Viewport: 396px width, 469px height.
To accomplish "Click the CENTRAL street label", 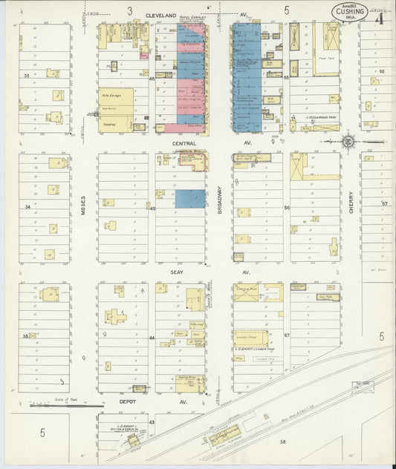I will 183,141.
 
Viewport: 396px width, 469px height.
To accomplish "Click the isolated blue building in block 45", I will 190,198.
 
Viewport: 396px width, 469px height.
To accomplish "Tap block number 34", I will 27,206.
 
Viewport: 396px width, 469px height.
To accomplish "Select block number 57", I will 285,335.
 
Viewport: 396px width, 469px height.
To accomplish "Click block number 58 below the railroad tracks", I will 282,442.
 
